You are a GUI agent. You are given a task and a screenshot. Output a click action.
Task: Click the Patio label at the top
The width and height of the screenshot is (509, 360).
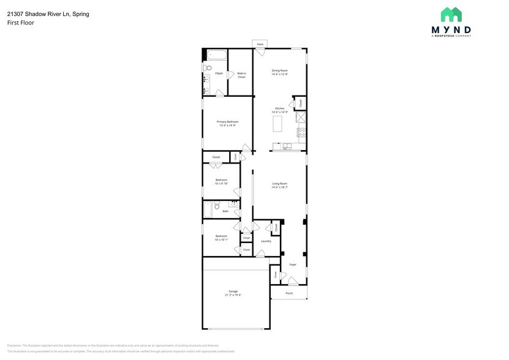click(260, 44)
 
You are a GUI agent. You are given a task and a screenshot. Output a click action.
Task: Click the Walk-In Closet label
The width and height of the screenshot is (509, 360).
click(241, 75)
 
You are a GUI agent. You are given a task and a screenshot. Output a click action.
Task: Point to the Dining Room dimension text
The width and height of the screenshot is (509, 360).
click(280, 74)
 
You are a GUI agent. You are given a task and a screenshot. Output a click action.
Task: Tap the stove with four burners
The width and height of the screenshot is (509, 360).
click(301, 132)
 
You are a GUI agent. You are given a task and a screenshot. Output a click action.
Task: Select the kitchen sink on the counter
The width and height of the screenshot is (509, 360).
click(287, 146)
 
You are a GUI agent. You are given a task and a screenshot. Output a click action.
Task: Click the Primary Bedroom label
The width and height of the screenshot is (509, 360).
click(227, 122)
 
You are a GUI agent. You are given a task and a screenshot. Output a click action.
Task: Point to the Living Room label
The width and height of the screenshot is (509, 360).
click(280, 184)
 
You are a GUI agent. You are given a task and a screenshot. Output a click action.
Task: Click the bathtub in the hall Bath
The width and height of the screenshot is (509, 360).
click(208, 210)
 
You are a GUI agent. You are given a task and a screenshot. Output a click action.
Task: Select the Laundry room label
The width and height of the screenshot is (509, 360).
click(266, 241)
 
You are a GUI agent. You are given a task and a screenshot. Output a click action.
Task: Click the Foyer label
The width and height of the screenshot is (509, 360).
click(293, 264)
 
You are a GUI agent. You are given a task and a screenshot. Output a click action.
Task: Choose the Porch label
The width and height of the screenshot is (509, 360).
click(289, 293)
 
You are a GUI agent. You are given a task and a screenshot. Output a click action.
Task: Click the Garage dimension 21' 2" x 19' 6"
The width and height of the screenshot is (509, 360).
click(233, 295)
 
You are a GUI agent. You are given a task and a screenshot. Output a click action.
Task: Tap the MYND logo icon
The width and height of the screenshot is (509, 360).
click(451, 15)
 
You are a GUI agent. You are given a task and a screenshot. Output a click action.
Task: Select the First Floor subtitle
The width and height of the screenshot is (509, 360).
click(20, 23)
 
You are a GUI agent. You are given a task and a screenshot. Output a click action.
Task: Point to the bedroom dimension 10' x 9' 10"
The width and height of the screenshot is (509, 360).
click(221, 183)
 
